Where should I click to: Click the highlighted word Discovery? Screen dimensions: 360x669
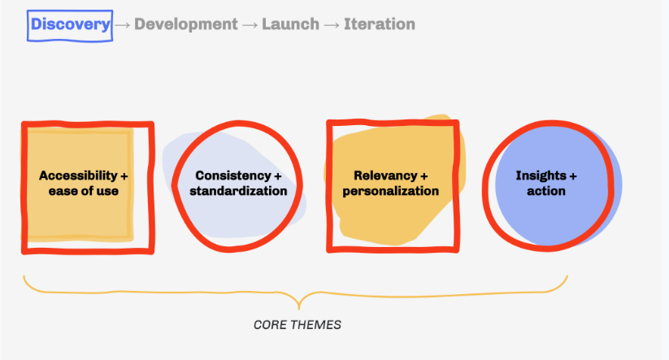pyautogui.click(x=70, y=24)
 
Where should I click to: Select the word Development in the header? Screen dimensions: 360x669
pyautogui.click(x=186, y=24)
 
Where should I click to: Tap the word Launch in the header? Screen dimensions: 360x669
pyautogui.click(x=290, y=24)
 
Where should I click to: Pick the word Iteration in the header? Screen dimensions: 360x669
pyautogui.click(x=380, y=24)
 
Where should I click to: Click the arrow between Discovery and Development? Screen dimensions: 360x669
pyautogui.click(x=123, y=24)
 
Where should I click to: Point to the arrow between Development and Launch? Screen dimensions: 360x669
pyautogui.click(x=250, y=24)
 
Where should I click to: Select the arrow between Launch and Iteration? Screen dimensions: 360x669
pyautogui.click(x=332, y=24)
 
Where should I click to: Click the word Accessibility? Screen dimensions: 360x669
pyautogui.click(x=78, y=176)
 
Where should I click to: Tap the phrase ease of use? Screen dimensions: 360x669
pyautogui.click(x=84, y=191)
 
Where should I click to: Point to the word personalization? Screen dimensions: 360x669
pyautogui.click(x=391, y=191)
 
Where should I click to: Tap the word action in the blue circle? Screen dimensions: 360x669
pyautogui.click(x=546, y=191)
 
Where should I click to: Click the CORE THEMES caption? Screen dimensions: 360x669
pyautogui.click(x=298, y=324)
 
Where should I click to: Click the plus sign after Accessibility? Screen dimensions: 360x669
pyautogui.click(x=124, y=176)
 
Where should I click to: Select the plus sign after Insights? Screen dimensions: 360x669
pyautogui.click(x=573, y=176)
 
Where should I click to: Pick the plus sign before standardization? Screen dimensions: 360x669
pyautogui.click(x=193, y=191)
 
